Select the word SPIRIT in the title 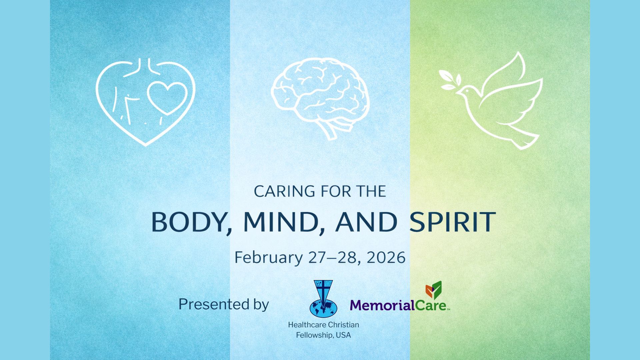pos(453,222)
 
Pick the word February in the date pos(268,258)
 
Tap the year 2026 pos(386,258)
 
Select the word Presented pos(209,304)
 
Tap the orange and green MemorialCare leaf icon pos(434,290)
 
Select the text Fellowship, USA pos(323,335)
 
